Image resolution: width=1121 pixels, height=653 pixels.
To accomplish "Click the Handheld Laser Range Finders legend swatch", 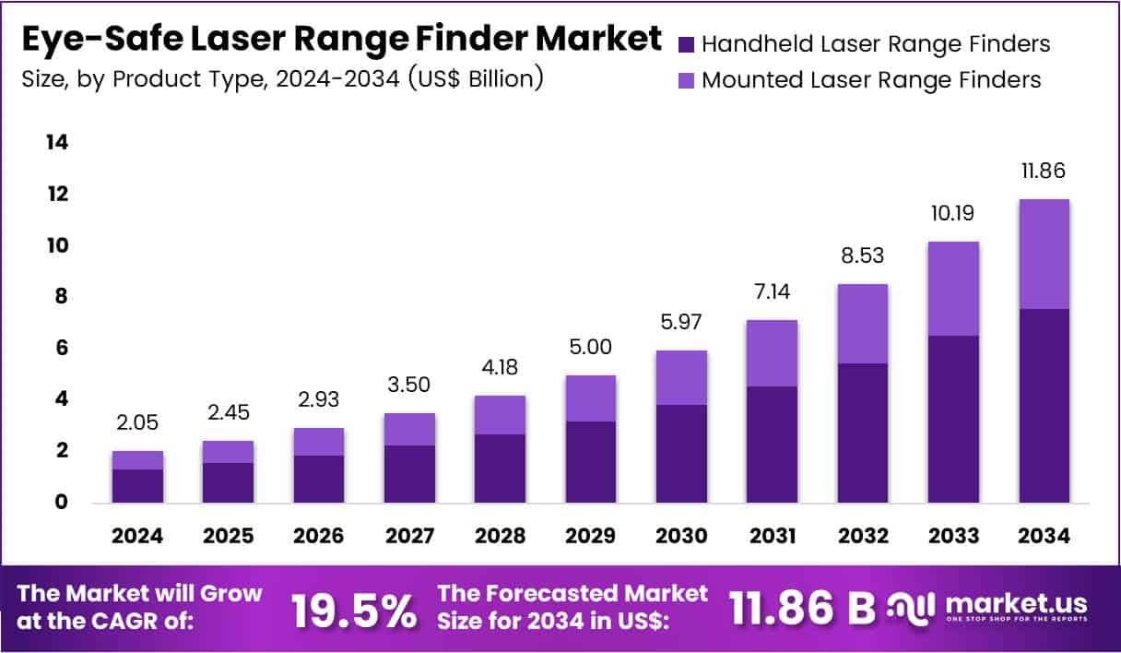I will coord(686,43).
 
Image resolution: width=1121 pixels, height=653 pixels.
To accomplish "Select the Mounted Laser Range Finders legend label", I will coord(871,80).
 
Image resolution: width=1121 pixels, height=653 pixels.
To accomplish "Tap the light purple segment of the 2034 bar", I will coord(1044,254).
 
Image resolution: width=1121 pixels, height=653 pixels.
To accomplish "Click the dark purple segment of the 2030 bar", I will coord(680,453).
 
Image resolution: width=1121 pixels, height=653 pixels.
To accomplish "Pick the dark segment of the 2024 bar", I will coord(138,485).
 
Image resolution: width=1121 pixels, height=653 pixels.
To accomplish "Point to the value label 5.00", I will coord(590,347).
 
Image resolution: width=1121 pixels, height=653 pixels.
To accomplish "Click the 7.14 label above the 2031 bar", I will coord(771,292).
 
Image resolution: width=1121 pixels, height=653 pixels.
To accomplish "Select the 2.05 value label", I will coord(138,422).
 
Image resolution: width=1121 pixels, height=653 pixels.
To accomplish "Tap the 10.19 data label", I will coord(953,213).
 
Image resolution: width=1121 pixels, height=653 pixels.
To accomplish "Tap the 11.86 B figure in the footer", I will coord(802,608).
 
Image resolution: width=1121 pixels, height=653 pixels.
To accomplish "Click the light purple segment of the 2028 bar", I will coord(500,414).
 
